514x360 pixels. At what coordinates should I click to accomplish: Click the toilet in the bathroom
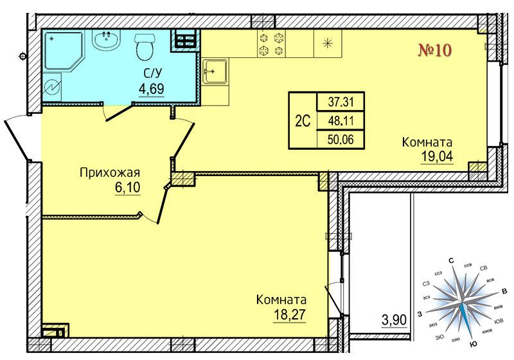point(144,46)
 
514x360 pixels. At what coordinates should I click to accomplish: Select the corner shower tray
point(63,50)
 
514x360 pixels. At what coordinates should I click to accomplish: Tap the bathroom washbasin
point(106,40)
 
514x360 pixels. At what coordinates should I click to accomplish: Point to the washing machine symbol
point(52,87)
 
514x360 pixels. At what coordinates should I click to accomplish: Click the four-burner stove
point(271,44)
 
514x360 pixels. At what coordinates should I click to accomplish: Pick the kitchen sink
point(215,72)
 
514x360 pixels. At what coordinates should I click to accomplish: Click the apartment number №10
point(435,50)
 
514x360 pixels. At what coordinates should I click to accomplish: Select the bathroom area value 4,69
point(152,89)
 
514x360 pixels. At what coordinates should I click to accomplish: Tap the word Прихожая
point(110,172)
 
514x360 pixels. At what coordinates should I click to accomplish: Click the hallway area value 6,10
point(127,188)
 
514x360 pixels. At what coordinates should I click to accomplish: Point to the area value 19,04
point(437,156)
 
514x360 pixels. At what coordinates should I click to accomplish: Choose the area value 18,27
point(290,315)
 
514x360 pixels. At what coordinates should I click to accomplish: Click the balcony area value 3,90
point(394,319)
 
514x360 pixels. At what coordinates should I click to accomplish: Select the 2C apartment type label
point(303,122)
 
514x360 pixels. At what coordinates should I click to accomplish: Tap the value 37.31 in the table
point(341,102)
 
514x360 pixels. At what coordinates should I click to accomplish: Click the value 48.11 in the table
point(341,122)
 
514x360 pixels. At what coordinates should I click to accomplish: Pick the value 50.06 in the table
point(341,140)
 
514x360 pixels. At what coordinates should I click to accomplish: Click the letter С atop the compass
point(451,261)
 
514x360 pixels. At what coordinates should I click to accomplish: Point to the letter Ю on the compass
point(473,344)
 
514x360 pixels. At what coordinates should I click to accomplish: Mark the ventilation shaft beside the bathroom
point(185,40)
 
